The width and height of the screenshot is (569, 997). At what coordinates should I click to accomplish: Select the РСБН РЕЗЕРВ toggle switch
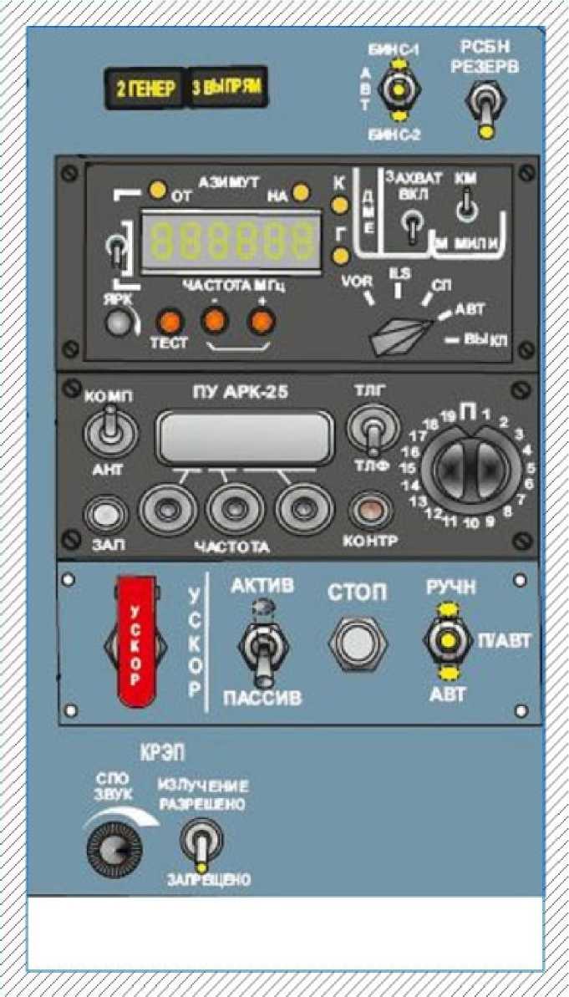coord(485,109)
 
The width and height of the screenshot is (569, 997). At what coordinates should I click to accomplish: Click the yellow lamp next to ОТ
coord(156,191)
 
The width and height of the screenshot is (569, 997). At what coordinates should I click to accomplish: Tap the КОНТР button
coord(368,510)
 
